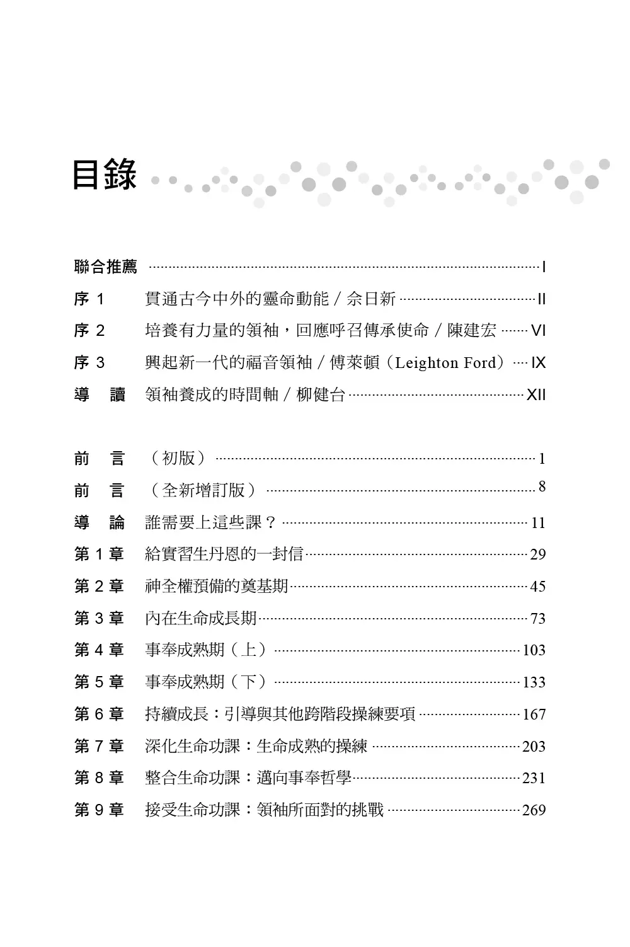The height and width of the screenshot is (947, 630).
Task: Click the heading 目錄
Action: [x=104, y=175]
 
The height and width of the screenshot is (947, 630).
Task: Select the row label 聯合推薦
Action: [x=105, y=267]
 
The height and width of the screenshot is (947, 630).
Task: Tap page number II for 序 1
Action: [x=541, y=299]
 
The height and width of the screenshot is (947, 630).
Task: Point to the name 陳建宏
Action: [x=472, y=331]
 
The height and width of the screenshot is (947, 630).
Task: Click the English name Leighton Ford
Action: [x=446, y=363]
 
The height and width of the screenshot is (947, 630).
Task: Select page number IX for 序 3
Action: [x=538, y=363]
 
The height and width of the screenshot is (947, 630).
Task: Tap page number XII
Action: [x=535, y=395]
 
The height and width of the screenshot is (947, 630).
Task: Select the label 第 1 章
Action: [x=99, y=554]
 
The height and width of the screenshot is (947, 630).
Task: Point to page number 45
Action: [x=537, y=587]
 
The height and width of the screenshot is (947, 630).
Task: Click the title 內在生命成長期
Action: [x=201, y=618]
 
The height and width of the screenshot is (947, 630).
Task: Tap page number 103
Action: [x=534, y=650]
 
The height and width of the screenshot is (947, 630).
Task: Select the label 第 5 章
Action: [x=99, y=682]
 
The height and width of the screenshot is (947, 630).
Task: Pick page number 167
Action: [x=534, y=715]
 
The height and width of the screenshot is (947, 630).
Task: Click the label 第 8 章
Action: [x=99, y=778]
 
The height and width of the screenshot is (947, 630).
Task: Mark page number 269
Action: [x=534, y=810]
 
